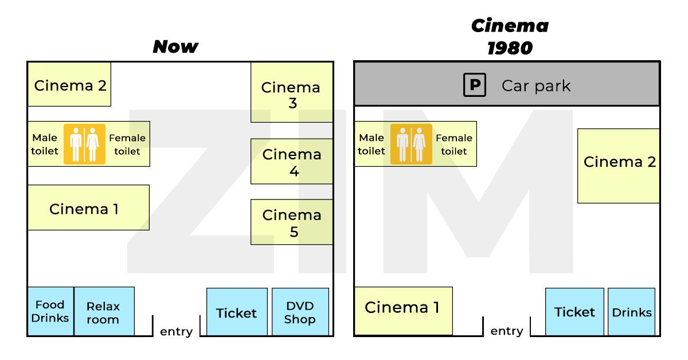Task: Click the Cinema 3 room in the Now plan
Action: click(x=291, y=93)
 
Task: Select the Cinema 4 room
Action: click(x=291, y=161)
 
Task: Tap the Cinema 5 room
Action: click(x=291, y=222)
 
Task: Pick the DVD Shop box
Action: click(x=300, y=312)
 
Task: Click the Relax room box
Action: click(x=104, y=312)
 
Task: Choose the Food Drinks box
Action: click(x=50, y=311)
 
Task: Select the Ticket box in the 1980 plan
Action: click(x=574, y=312)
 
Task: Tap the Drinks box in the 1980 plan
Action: click(x=631, y=312)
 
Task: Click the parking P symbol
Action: click(x=475, y=86)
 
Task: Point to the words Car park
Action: click(x=536, y=86)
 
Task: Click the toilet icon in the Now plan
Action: click(x=84, y=144)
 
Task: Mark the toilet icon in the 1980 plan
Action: click(x=411, y=144)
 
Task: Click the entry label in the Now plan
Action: click(x=176, y=332)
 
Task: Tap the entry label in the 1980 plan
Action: click(x=507, y=331)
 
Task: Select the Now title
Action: click(x=175, y=46)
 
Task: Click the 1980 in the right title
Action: click(x=510, y=48)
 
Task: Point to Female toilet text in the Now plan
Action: click(x=127, y=144)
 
